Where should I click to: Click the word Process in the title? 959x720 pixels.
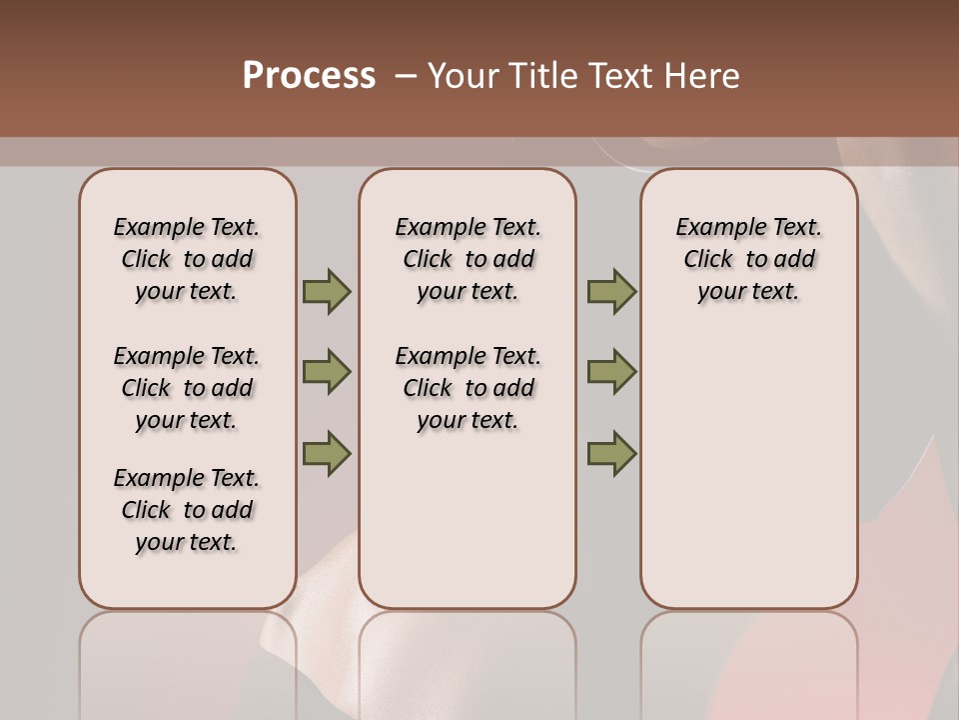pyautogui.click(x=309, y=76)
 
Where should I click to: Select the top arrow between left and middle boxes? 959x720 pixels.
pyautogui.click(x=326, y=292)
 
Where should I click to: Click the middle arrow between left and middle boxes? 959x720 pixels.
pyautogui.click(x=326, y=372)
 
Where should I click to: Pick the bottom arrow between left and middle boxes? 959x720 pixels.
pyautogui.click(x=326, y=453)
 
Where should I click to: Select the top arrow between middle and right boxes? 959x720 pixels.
pyautogui.click(x=611, y=292)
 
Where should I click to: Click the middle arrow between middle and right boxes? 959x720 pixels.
pyautogui.click(x=611, y=372)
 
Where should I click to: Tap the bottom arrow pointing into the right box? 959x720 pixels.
pyautogui.click(x=611, y=453)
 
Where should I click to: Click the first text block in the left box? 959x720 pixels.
pyautogui.click(x=187, y=259)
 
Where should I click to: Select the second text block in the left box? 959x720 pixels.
pyautogui.click(x=187, y=388)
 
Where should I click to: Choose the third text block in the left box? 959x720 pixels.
pyautogui.click(x=187, y=510)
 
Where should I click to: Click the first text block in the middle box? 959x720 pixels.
pyautogui.click(x=468, y=259)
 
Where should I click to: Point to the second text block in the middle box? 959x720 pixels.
pyautogui.click(x=468, y=388)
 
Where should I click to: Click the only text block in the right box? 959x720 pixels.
pyautogui.click(x=748, y=259)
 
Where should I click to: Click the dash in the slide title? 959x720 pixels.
pyautogui.click(x=406, y=76)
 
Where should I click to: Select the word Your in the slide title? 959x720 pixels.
pyautogui.click(x=463, y=76)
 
